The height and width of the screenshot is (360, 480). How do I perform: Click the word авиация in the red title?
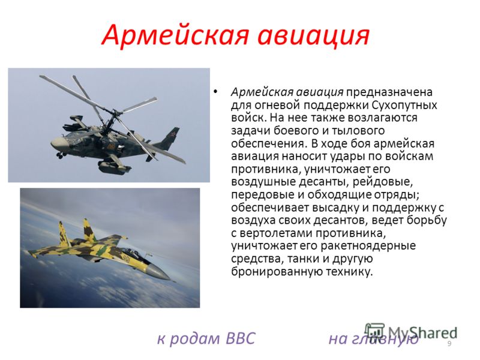(314, 35)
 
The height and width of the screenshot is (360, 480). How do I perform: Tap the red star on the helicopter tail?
(174, 133)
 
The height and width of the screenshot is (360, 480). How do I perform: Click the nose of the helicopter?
(56, 142)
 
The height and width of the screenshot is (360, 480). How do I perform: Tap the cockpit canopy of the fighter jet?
(134, 252)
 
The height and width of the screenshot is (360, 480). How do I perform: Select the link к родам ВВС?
(206, 338)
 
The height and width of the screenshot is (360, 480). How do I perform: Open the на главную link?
(373, 339)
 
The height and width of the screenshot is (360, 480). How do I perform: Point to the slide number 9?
(449, 343)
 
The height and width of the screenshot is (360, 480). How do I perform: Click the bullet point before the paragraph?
(215, 91)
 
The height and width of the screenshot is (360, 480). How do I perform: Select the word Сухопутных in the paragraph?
(404, 105)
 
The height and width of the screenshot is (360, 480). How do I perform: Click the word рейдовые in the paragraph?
(382, 182)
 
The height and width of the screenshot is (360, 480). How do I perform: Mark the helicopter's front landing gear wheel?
(60, 155)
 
